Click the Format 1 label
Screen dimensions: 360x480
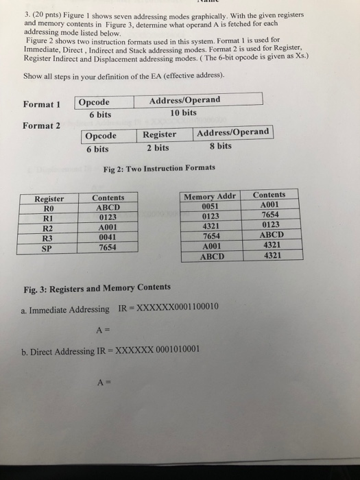[x=43, y=104]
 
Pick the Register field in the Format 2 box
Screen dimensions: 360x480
[x=159, y=134]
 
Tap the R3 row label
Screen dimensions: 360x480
[x=48, y=239]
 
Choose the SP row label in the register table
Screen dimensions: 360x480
[x=48, y=248]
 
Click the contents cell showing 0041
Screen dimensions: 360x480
[x=108, y=239]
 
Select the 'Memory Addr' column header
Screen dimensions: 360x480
[x=209, y=197]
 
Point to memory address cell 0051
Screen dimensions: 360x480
[x=209, y=206]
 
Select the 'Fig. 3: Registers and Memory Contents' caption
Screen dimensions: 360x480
[x=95, y=287]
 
